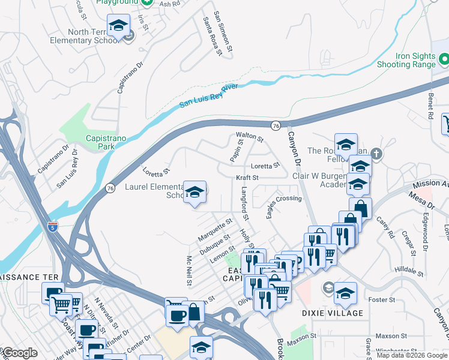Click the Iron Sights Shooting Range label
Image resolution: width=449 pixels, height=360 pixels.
click(x=406, y=59)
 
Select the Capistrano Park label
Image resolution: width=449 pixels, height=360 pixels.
click(x=90, y=142)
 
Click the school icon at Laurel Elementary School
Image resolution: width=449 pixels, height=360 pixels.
click(x=194, y=193)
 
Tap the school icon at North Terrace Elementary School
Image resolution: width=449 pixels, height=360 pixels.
click(x=118, y=26)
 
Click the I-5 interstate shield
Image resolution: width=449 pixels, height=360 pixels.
click(x=53, y=227)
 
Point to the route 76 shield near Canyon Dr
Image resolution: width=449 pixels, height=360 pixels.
click(x=276, y=125)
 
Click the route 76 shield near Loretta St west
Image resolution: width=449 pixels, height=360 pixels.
click(x=110, y=188)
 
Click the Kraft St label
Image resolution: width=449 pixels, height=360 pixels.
click(x=247, y=178)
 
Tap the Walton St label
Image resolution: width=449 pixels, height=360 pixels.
click(x=250, y=137)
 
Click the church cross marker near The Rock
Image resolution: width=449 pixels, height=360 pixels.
click(x=376, y=154)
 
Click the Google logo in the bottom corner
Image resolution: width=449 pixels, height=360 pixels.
click(x=19, y=353)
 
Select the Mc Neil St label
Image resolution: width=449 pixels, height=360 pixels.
click(x=189, y=271)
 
